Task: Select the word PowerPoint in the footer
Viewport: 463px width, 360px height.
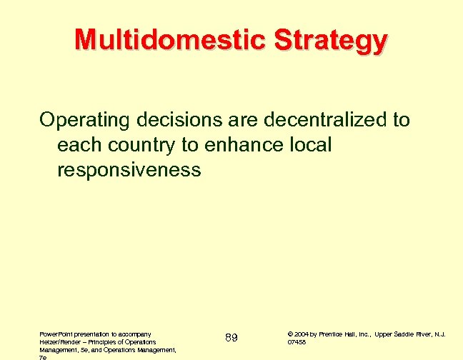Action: click(57, 333)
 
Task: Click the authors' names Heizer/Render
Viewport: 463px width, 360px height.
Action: click(59, 341)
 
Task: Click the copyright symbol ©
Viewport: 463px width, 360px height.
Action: click(289, 333)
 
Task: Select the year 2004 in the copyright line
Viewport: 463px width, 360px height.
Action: click(301, 333)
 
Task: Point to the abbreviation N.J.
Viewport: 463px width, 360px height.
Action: click(445, 333)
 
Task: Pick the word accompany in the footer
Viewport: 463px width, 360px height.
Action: click(131, 333)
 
